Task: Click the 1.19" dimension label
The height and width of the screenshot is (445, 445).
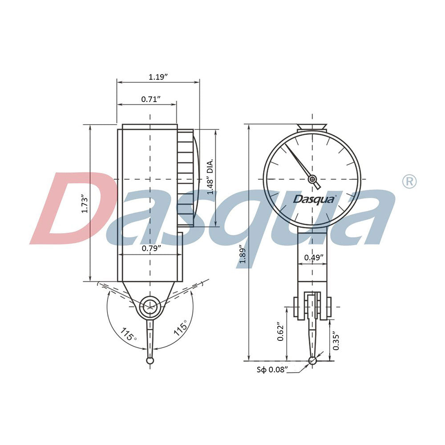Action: tap(158, 77)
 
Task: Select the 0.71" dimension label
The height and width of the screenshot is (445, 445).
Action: tap(150, 99)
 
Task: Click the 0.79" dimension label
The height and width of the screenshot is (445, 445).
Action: tap(150, 248)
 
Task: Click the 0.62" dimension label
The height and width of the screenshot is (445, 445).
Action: tap(281, 332)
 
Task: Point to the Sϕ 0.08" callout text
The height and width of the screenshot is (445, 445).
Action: tap(272, 369)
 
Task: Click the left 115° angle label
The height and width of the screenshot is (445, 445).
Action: tap(129, 334)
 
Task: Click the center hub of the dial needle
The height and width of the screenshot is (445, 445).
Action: tap(313, 179)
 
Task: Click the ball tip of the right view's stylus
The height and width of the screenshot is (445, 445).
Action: tap(313, 360)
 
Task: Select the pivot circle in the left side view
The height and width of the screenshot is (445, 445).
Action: tap(150, 307)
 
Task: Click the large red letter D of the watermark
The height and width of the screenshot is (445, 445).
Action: tap(73, 209)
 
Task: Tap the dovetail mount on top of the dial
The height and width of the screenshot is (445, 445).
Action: tap(312, 127)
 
